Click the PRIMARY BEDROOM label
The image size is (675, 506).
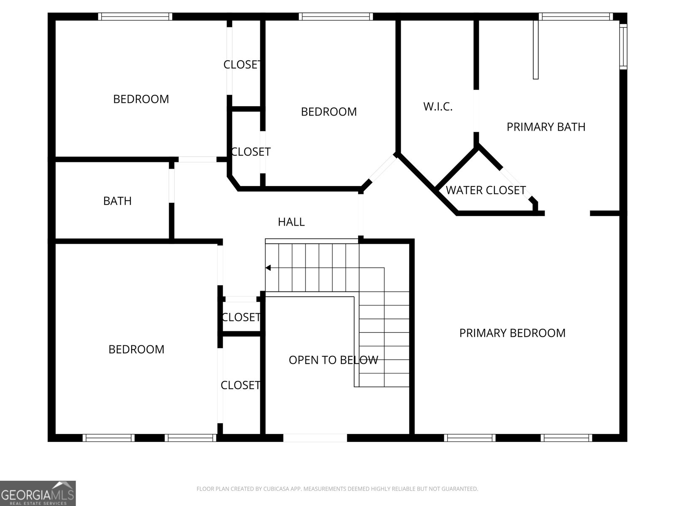coord(512,333)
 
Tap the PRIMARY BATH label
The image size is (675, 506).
coord(546,127)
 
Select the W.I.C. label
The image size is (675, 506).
coord(438,107)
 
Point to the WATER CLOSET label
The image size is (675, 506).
coord(486,190)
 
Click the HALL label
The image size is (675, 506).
coord(291,222)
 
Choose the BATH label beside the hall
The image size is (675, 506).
coord(117,201)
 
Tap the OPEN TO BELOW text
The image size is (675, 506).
coord(333,360)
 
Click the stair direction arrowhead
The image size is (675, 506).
coord(268,268)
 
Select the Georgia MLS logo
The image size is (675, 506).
coord(38,493)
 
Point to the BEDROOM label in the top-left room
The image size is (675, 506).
coord(141,99)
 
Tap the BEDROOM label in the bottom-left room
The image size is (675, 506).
coord(136,349)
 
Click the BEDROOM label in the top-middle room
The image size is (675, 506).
coord(329,112)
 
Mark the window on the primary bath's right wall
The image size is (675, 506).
coord(623,47)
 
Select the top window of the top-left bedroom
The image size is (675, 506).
coord(135,16)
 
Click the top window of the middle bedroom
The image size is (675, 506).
coord(336,16)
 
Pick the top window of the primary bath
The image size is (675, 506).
coord(576,16)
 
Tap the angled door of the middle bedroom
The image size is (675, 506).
coord(382,168)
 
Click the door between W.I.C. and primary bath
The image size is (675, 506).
coord(476,111)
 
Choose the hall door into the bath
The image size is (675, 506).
coord(172,186)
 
